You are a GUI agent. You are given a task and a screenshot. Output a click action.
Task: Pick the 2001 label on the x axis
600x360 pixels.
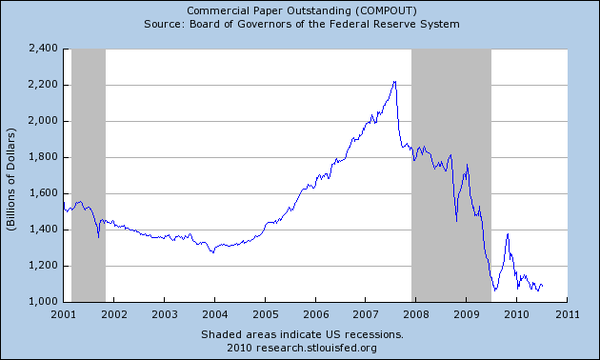pyautogui.click(x=63, y=313)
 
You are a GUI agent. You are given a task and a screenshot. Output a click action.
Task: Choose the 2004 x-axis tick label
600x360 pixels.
pyautogui.click(x=214, y=313)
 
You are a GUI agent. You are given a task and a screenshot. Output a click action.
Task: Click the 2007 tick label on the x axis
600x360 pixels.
pyautogui.click(x=366, y=313)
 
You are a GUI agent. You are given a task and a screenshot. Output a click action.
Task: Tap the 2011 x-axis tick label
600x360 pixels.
pyautogui.click(x=568, y=313)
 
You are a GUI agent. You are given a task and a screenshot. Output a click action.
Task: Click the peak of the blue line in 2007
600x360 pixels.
pyautogui.click(x=394, y=82)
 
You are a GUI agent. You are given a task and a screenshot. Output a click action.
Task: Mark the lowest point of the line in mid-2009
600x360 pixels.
pyautogui.click(x=494, y=290)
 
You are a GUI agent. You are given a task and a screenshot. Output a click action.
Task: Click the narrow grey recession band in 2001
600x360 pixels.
pyautogui.click(x=89, y=175)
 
